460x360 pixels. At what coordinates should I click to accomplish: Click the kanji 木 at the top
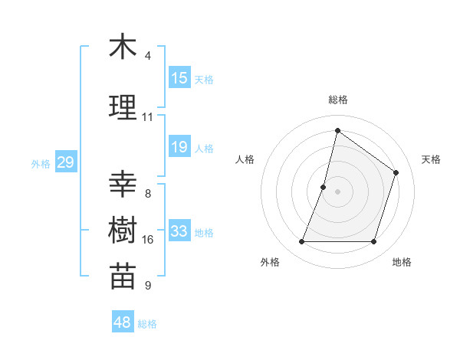(123, 47)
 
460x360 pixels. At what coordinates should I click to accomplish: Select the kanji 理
(123, 108)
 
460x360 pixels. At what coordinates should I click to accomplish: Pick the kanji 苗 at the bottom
(123, 277)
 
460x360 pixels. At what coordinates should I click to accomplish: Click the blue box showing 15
(179, 78)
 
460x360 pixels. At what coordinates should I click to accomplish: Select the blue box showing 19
(179, 147)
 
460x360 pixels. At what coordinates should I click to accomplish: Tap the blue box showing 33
(179, 231)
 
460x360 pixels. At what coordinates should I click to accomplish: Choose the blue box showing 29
(65, 162)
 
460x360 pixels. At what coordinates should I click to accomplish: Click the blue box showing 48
(123, 322)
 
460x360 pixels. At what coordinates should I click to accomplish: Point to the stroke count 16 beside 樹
(148, 240)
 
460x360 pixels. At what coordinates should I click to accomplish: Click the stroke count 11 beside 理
(148, 117)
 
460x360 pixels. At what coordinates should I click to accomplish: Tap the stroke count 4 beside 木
(148, 56)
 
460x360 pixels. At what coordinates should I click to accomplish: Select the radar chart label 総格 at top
(337, 100)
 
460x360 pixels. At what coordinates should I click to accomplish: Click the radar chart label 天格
(431, 159)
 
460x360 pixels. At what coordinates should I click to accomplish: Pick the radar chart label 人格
(245, 159)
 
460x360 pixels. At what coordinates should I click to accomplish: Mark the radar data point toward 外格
(301, 242)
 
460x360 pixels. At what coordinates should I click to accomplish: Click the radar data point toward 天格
(396, 172)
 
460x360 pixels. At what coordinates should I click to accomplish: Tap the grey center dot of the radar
(337, 191)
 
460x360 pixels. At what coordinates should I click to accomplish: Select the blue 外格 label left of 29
(41, 163)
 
